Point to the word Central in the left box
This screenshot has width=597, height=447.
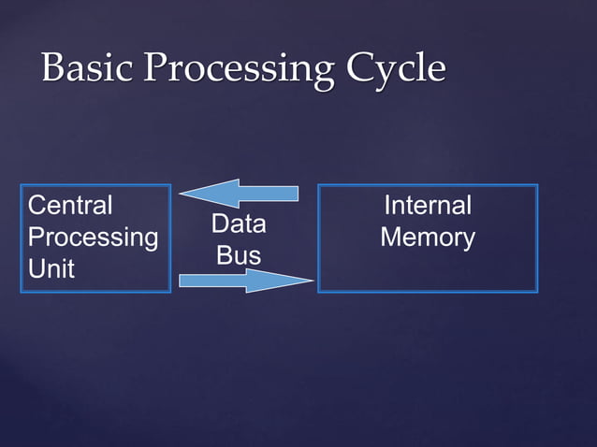[70, 205]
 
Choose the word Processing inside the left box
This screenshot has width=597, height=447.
[93, 237]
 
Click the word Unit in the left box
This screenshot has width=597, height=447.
[51, 268]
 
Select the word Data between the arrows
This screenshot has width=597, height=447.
[238, 224]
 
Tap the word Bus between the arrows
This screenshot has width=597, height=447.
[238, 255]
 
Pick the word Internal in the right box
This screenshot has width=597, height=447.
[428, 205]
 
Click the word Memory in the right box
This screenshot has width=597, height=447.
[428, 237]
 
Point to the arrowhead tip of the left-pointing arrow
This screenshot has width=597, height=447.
[181, 194]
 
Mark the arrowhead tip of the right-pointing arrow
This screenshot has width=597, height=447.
[312, 280]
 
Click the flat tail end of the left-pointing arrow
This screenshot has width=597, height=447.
[297, 194]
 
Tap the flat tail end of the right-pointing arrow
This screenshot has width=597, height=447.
[180, 280]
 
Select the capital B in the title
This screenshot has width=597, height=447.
[53, 69]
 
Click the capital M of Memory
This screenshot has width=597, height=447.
[391, 237]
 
